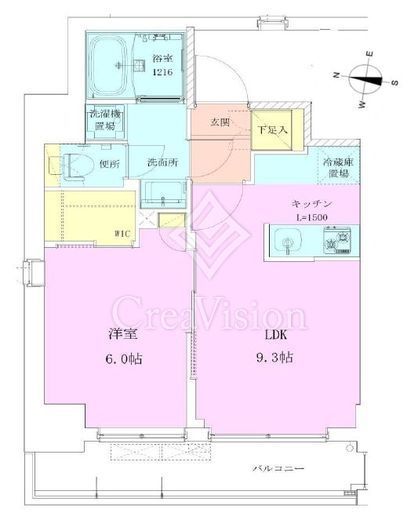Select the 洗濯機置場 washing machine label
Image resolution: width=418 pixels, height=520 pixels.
[103, 119]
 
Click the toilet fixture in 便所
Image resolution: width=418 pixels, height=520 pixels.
[76, 164]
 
